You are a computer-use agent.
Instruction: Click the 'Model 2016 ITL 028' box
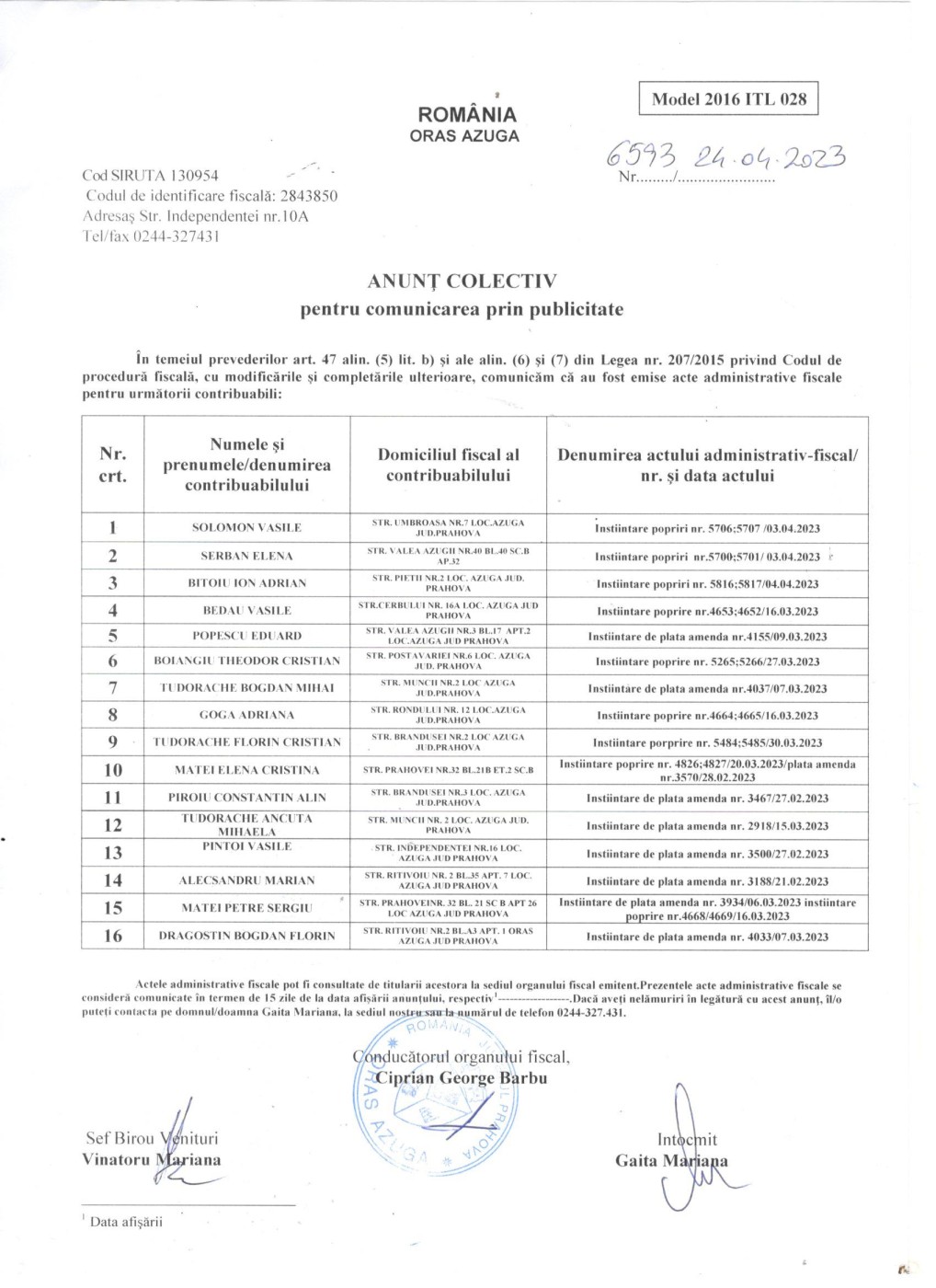(728, 99)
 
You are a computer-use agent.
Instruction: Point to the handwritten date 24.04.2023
(770, 157)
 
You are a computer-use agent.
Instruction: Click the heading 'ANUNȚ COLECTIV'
(462, 282)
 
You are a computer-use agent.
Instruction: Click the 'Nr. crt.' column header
(112, 465)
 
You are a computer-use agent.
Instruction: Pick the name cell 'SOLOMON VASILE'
(246, 527)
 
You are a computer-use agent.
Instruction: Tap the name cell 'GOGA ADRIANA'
(246, 715)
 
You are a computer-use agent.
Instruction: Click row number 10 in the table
(112, 770)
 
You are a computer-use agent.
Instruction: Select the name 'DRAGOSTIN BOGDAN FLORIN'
(246, 936)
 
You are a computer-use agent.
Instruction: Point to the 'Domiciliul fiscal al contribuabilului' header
(448, 465)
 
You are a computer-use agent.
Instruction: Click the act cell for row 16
(707, 937)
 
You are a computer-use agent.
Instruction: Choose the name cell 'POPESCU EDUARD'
(246, 636)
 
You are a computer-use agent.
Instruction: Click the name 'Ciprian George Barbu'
(461, 1078)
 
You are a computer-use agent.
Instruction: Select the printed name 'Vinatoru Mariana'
(152, 1160)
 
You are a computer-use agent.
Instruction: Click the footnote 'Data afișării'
(126, 1222)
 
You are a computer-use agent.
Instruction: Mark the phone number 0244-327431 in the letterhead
(176, 236)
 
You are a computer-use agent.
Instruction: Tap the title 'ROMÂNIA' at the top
(467, 115)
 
